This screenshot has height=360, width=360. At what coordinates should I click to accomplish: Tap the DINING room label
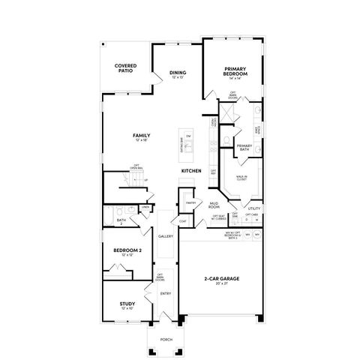177,72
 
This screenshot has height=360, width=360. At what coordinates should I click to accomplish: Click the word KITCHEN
191,172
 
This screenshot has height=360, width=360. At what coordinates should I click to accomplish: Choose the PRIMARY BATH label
244,148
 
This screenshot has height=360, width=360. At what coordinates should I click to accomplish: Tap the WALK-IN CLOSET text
242,178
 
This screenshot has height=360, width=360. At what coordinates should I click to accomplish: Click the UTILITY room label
253,208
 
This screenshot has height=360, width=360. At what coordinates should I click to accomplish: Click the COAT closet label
183,220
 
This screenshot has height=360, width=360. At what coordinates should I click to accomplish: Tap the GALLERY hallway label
166,236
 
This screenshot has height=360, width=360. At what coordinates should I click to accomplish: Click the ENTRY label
166,293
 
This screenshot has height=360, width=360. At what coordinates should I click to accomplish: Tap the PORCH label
166,339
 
